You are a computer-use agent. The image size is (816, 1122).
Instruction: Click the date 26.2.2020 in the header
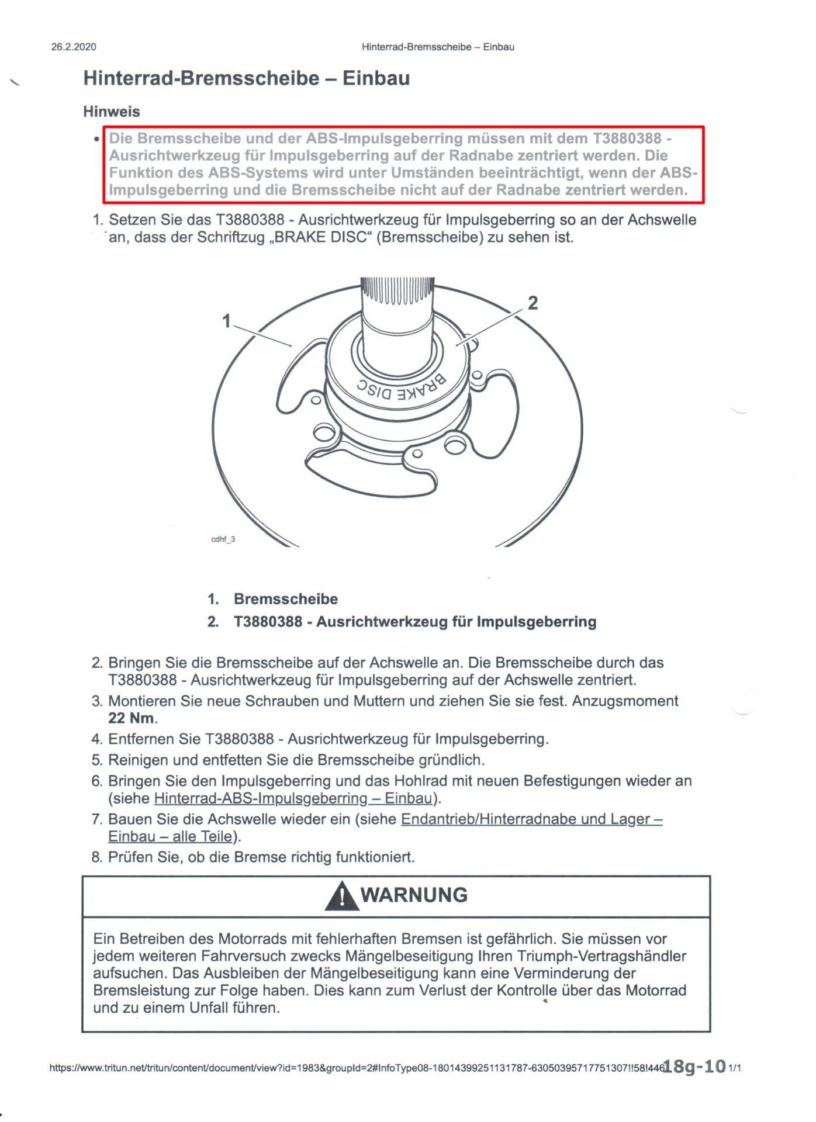[x=74, y=47]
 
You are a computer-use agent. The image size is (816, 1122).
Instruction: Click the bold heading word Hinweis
[x=112, y=111]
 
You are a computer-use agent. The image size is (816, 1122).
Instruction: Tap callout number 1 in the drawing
[x=227, y=321]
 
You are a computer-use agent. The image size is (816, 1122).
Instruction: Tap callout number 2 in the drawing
[x=533, y=303]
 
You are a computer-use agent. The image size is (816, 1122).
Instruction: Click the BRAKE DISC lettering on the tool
[x=401, y=387]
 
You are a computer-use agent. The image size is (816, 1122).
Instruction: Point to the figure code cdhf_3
[x=223, y=539]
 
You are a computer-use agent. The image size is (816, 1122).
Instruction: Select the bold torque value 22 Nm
[x=132, y=718]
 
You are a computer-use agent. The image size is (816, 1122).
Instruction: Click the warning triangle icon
[x=342, y=896]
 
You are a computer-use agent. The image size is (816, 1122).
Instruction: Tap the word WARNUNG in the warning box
[x=414, y=895]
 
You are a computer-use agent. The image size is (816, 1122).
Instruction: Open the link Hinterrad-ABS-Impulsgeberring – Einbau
[x=293, y=798]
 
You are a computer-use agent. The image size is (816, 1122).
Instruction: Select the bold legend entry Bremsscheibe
[x=286, y=599]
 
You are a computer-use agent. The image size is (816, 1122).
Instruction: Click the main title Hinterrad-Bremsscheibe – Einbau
[x=246, y=78]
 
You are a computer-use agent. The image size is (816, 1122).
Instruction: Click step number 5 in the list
[x=97, y=760]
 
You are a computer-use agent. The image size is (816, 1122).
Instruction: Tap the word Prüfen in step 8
[x=132, y=857]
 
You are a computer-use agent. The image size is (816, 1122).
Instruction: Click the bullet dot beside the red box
[x=96, y=140]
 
